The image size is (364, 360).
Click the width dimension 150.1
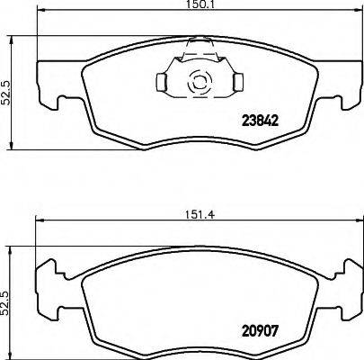click(x=187, y=5)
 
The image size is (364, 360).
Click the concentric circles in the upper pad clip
click(x=198, y=84)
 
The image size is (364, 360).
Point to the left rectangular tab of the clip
click(x=163, y=84)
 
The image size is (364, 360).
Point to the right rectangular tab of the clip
click(x=236, y=84)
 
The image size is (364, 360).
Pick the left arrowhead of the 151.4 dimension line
click(x=37, y=223)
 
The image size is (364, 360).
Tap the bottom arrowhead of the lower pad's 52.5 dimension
click(x=11, y=355)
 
